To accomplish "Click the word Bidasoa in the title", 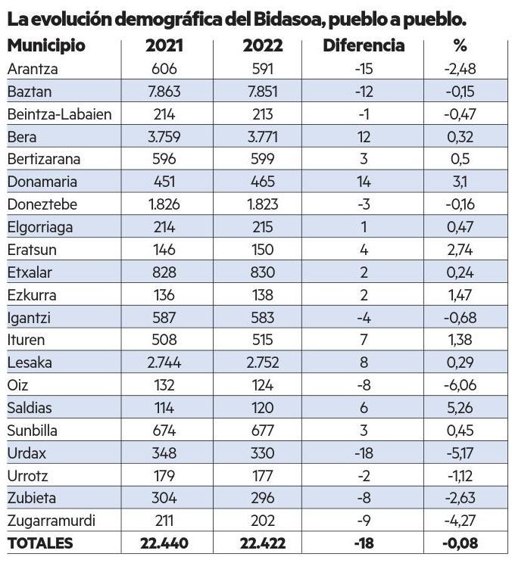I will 279,17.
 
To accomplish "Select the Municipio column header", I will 46,45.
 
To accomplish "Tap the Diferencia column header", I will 364,45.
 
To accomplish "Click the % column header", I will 460,45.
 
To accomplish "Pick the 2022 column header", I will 263,45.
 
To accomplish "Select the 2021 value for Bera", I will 164,137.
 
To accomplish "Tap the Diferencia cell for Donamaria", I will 364,182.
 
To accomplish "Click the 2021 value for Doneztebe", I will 164,204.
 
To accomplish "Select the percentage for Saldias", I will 460,407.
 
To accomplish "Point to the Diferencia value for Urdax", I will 364,452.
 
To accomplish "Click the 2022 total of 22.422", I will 263,543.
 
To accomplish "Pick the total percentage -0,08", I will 460,543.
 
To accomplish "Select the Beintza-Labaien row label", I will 59,114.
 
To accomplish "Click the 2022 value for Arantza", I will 263,69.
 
